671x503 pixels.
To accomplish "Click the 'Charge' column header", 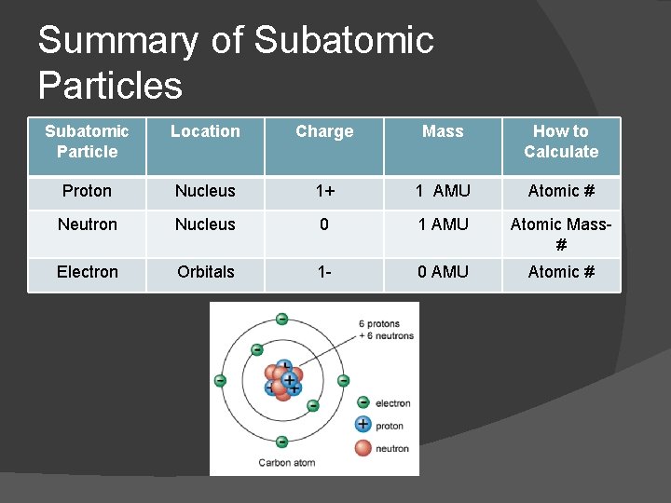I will [324, 131].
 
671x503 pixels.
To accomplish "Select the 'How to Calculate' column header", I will [561, 142].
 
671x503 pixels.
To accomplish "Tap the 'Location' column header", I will [205, 131].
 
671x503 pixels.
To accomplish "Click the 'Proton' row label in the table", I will [87, 191].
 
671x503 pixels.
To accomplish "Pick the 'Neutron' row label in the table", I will [87, 224].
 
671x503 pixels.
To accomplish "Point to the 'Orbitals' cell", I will [205, 272].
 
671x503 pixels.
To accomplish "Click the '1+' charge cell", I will [324, 191].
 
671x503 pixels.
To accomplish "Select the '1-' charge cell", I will [324, 272].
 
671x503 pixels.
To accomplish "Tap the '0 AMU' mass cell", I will [443, 272].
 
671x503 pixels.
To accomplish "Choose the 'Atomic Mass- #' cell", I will [561, 234].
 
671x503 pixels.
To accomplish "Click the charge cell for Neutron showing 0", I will [324, 224].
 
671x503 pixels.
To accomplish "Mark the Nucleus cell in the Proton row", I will [205, 191].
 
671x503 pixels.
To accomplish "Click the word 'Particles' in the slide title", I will [110, 86].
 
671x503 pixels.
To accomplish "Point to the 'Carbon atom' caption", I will [287, 462].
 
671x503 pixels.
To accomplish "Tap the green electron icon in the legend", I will [363, 403].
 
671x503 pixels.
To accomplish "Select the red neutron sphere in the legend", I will [363, 448].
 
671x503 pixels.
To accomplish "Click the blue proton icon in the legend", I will [363, 425].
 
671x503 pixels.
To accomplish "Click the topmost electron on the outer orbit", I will [281, 319].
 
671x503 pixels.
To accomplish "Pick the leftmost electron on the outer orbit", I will [220, 380].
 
